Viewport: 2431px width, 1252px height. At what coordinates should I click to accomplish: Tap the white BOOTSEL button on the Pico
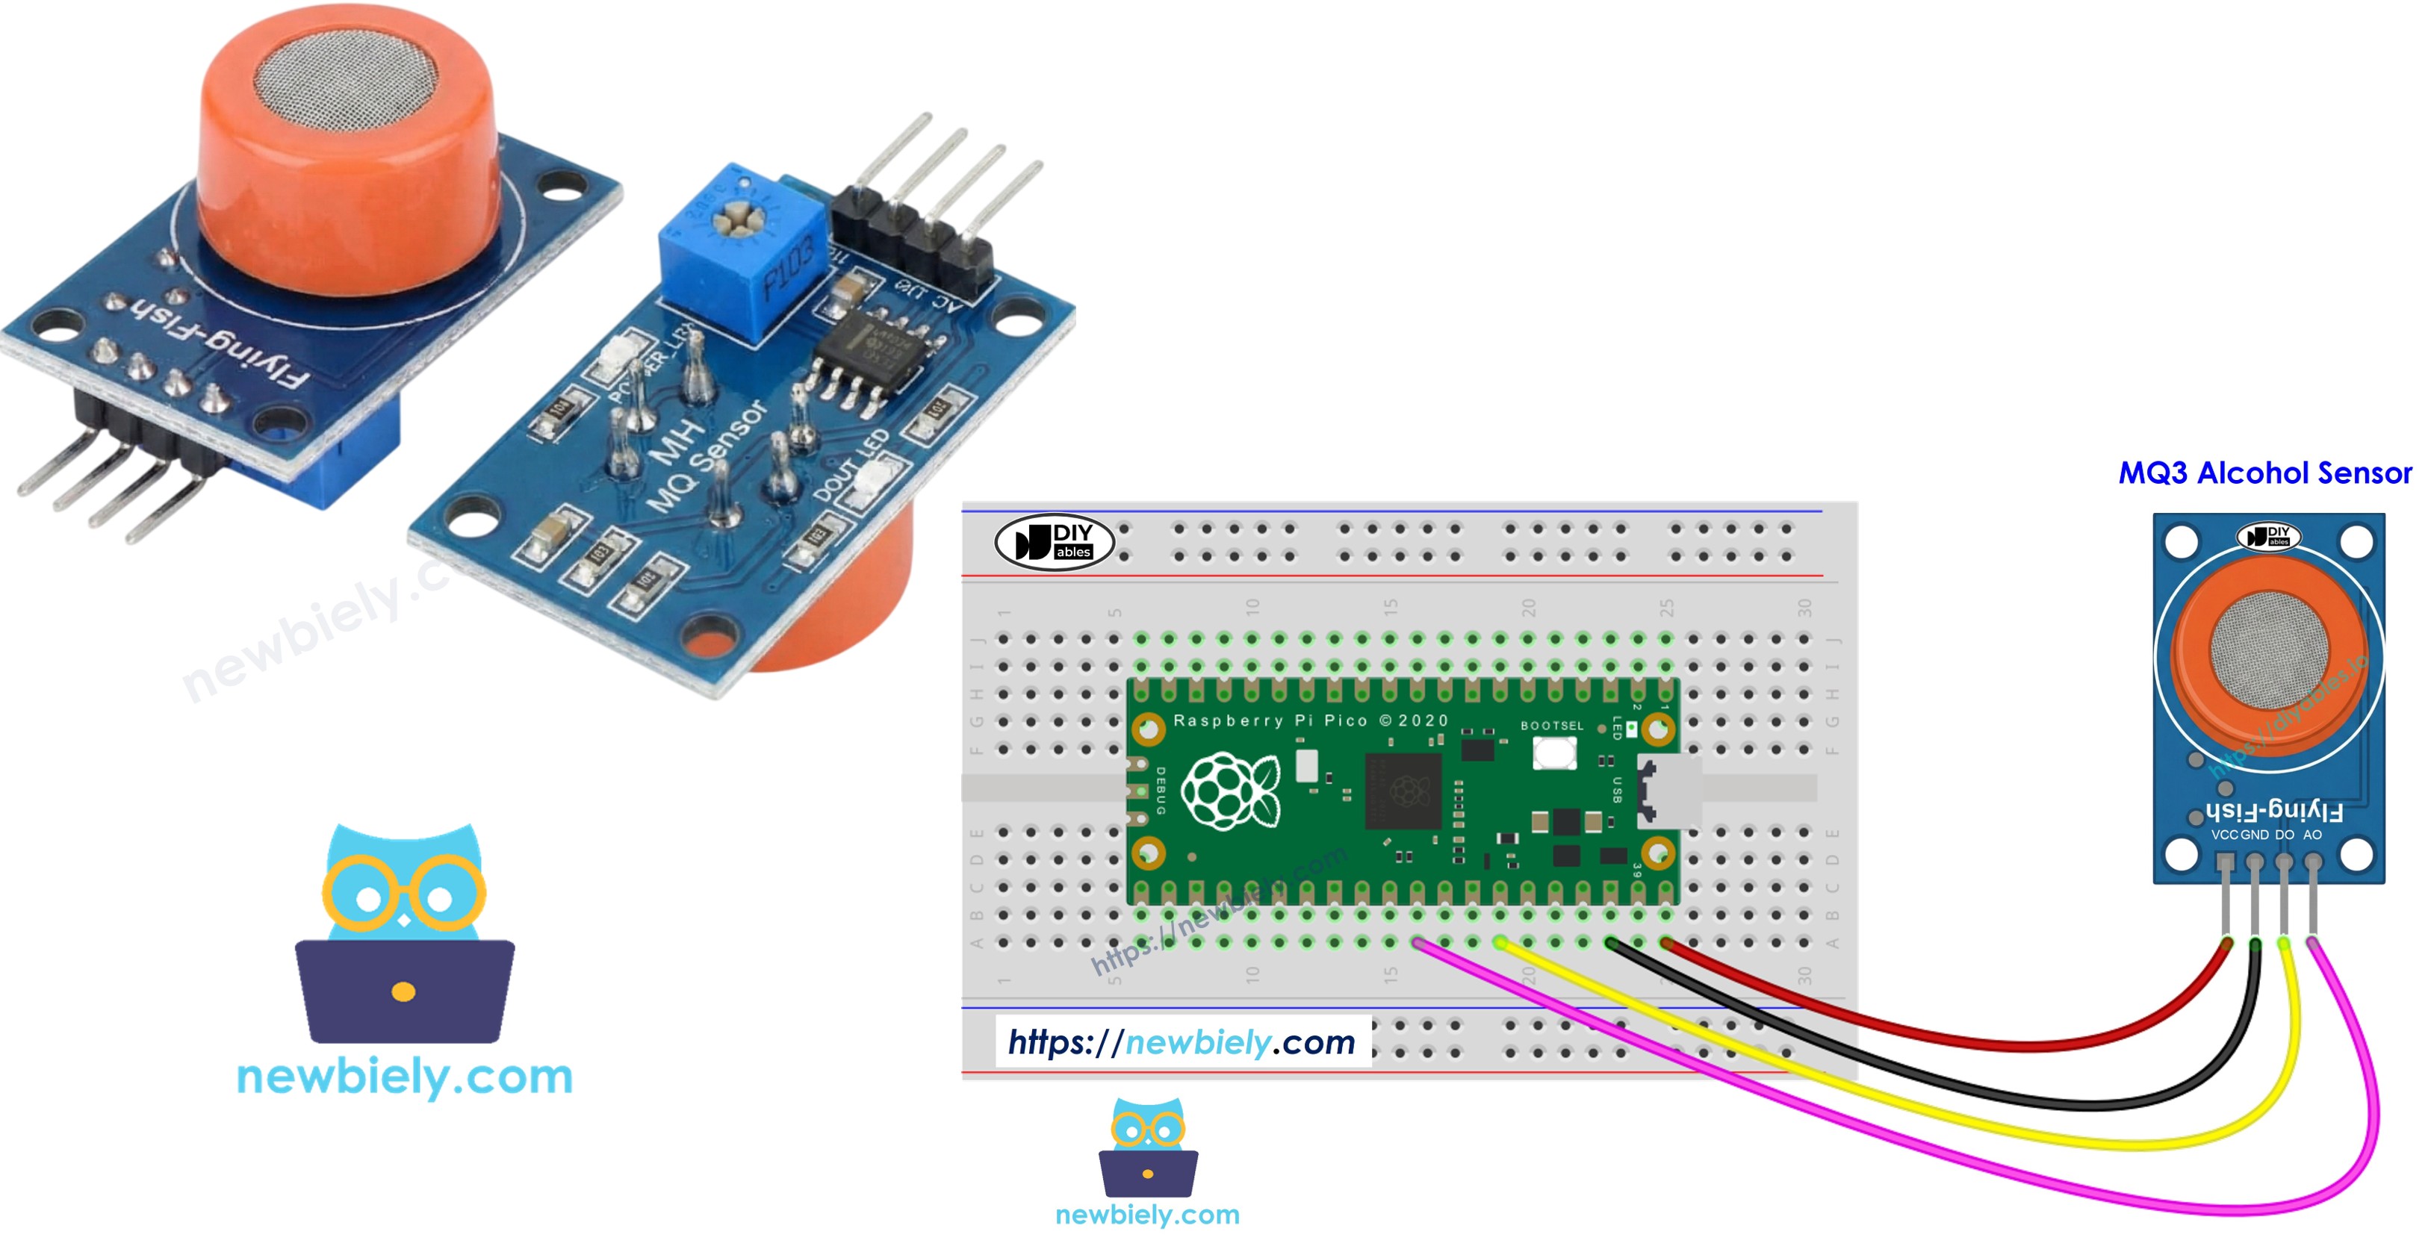pos(1553,753)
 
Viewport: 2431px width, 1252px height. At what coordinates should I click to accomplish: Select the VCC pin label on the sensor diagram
pos(2223,835)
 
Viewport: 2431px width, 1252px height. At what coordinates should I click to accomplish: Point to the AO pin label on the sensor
pos(2312,835)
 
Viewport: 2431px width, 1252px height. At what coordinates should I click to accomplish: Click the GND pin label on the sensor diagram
pos(2255,835)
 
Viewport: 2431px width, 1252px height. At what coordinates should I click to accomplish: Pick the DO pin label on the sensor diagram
pos(2284,835)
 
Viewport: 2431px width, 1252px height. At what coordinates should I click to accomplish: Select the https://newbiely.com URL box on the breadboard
pos(1182,1041)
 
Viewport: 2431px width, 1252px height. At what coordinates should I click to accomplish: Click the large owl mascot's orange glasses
pos(404,893)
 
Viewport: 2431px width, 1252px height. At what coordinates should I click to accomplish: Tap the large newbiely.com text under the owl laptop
pos(404,1077)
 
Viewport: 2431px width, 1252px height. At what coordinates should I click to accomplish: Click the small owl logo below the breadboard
pos(1148,1146)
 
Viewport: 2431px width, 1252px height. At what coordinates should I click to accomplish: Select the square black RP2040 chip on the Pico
pos(1403,791)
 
